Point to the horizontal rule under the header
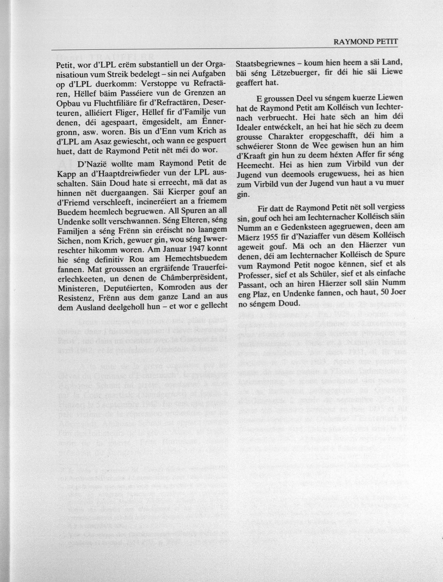coord(224,49)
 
